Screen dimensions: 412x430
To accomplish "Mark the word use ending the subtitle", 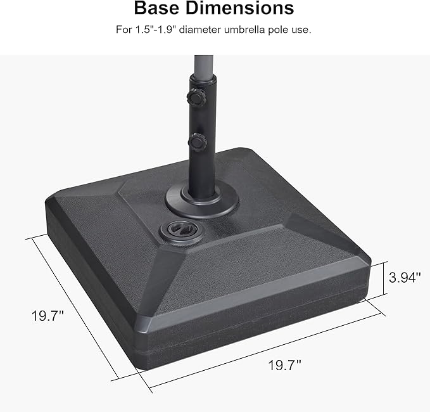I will [303, 30].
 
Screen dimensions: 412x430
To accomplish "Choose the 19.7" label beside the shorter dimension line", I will [48, 315].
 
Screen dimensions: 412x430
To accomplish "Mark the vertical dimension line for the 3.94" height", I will [385, 278].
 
